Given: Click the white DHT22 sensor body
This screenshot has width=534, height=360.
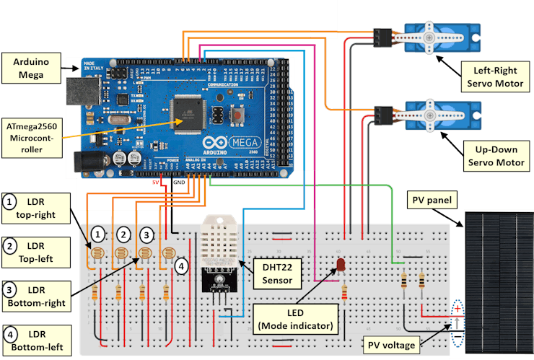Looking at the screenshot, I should coord(224,238).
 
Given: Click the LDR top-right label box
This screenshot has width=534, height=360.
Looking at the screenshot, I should coord(35,209).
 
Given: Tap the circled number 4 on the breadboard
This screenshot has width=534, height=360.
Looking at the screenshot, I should coord(183,265).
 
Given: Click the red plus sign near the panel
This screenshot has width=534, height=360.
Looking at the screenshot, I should coord(458,309).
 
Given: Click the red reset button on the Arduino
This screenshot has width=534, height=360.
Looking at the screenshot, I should coord(236,114).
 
